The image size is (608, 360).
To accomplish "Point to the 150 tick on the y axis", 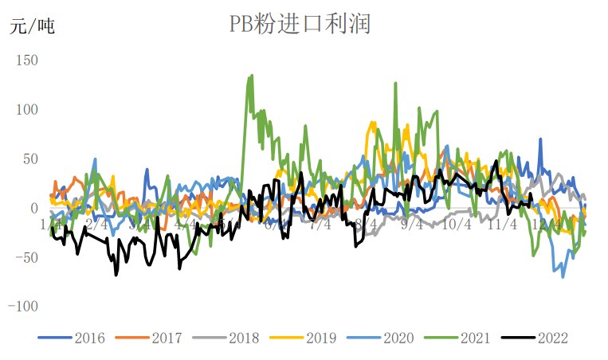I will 26,60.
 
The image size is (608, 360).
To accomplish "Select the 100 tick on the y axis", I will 26,109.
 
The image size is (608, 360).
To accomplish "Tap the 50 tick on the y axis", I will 29,158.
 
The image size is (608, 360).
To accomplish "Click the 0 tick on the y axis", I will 33,208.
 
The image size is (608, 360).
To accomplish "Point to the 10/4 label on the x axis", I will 457,225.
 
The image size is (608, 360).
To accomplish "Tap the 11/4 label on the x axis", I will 502,225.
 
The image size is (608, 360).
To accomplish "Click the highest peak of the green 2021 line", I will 252,76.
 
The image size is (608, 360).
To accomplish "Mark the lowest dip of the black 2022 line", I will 116,275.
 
